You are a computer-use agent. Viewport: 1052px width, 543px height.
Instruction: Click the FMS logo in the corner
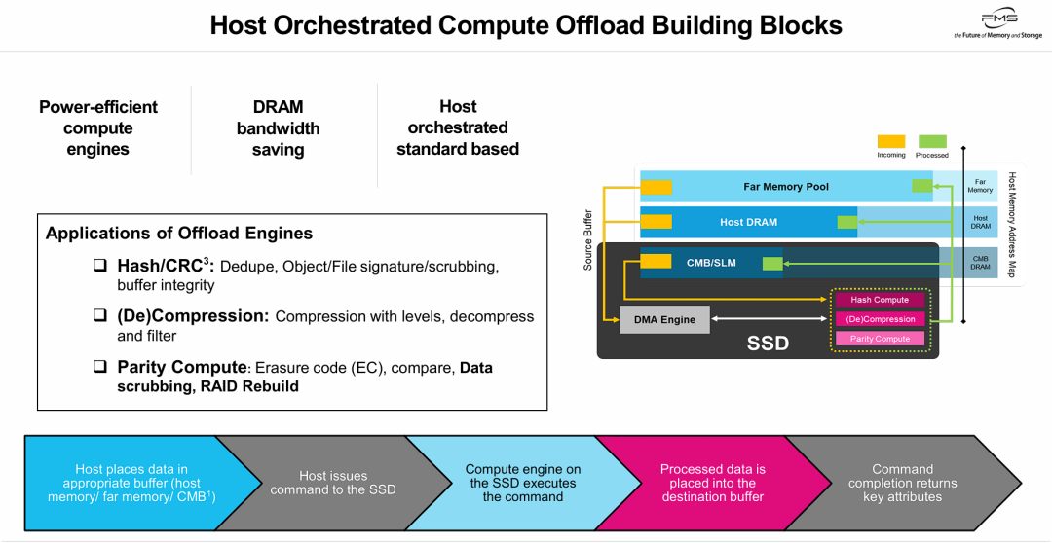click(997, 25)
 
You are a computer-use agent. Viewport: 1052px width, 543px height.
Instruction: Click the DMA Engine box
click(664, 319)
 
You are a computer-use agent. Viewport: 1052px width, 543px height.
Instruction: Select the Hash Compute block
click(880, 300)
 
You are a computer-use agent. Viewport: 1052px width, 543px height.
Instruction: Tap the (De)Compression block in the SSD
click(880, 319)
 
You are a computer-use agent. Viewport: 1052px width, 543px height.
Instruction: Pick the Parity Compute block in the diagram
click(880, 339)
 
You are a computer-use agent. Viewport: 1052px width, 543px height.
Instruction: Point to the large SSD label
click(768, 344)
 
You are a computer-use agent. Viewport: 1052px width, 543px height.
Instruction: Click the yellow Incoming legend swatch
click(891, 142)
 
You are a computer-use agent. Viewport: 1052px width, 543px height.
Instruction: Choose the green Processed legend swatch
click(932, 142)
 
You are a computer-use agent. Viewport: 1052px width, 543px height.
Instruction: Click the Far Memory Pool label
click(785, 186)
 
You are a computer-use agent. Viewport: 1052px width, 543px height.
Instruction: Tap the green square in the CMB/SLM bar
click(772, 263)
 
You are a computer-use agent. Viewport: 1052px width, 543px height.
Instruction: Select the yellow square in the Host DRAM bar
click(656, 222)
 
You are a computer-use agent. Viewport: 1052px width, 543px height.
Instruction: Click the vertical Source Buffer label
click(587, 238)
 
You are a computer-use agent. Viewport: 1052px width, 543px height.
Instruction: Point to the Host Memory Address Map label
click(1011, 225)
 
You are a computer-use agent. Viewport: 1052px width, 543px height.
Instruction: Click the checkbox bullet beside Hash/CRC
click(100, 265)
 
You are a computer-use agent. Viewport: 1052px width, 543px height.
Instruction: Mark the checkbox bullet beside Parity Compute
click(100, 367)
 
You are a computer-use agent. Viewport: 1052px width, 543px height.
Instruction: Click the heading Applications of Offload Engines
click(179, 234)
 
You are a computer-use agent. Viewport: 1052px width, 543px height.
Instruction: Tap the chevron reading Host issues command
click(333, 483)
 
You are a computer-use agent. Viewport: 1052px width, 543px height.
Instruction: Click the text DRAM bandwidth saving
click(278, 128)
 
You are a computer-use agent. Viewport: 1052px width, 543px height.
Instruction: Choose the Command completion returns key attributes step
click(902, 483)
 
